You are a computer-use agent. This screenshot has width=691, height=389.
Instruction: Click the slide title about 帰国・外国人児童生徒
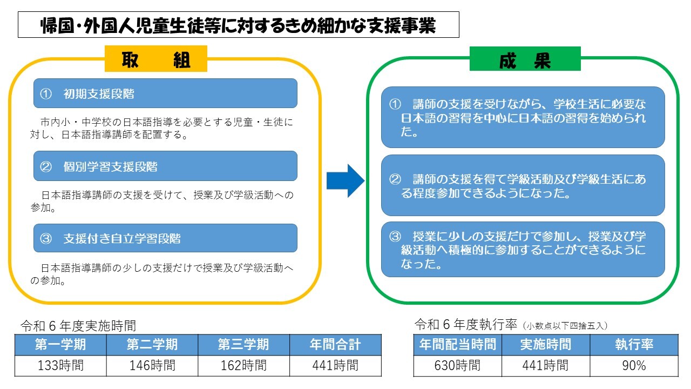click(238, 25)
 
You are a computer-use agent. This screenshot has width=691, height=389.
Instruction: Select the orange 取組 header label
click(155, 59)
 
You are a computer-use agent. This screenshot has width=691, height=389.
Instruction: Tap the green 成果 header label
click(525, 59)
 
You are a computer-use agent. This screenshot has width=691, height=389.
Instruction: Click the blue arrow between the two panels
click(345, 180)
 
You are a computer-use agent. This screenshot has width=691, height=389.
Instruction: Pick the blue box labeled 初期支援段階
click(165, 93)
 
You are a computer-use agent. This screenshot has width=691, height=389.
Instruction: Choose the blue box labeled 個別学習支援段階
click(165, 166)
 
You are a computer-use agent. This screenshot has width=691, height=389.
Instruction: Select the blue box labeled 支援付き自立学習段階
click(165, 238)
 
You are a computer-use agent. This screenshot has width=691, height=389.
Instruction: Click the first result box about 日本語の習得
click(523, 117)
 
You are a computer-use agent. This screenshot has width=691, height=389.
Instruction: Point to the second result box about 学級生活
click(523, 185)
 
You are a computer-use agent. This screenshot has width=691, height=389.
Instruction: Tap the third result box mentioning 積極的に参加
click(523, 250)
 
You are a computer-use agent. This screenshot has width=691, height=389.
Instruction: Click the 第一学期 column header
click(60, 345)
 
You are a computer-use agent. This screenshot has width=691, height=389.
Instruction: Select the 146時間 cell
click(152, 366)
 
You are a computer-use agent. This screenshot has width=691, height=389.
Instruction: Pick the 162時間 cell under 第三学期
click(243, 366)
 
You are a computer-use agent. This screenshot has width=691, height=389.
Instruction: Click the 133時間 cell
click(60, 366)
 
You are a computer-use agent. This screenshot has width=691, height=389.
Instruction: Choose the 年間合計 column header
click(335, 345)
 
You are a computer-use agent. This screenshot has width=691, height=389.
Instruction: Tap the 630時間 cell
click(457, 366)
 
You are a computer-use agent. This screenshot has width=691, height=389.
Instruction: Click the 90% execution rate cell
click(634, 366)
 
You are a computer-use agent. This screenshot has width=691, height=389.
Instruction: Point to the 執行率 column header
click(634, 345)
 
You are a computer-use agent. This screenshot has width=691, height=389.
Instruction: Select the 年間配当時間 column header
click(457, 345)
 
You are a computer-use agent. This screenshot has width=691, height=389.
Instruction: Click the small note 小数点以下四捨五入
click(565, 326)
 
